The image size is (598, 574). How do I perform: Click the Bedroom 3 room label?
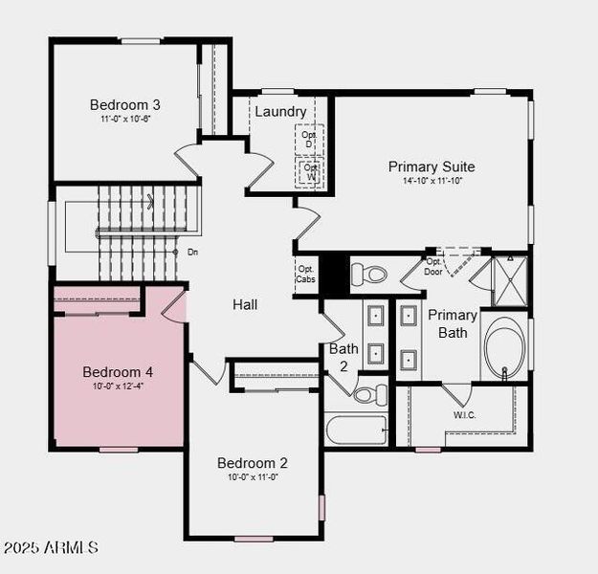(x=124, y=104)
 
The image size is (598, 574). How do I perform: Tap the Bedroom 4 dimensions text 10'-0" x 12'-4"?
(x=118, y=386)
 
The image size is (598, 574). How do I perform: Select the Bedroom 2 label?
(x=252, y=463)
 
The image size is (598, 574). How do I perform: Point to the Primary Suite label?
(x=431, y=166)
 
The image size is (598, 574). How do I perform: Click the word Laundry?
(x=280, y=112)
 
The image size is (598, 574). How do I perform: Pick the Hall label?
(x=245, y=304)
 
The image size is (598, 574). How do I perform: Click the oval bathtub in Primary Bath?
(x=504, y=351)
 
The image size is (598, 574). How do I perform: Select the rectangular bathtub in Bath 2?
(x=356, y=429)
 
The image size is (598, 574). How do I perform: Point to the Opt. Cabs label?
(x=305, y=274)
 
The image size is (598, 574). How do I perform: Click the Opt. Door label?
(x=433, y=266)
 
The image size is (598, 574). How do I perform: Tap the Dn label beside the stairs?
(x=192, y=253)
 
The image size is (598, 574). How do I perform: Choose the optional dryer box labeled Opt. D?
(x=309, y=139)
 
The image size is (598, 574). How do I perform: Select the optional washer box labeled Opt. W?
(x=309, y=172)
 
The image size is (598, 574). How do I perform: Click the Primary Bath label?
(x=453, y=323)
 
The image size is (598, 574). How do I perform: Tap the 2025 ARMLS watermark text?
(x=50, y=548)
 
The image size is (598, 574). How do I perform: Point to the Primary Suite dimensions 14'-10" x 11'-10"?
(x=431, y=181)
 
